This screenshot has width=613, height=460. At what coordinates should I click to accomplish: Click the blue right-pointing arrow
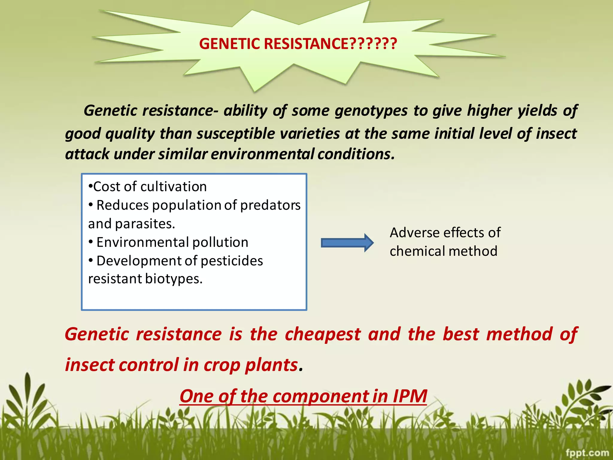pos(347,243)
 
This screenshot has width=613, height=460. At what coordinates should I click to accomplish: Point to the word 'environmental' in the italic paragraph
pos(263,154)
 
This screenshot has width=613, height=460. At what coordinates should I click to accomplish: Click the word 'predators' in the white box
pos(270,205)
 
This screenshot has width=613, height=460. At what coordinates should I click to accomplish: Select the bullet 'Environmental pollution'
pos(172,242)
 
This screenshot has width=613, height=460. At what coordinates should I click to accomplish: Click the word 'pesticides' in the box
pos(232,261)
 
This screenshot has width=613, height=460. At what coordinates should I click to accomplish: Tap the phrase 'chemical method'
pos(443,251)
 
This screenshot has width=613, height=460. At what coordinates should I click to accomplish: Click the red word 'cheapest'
pos(323,334)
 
